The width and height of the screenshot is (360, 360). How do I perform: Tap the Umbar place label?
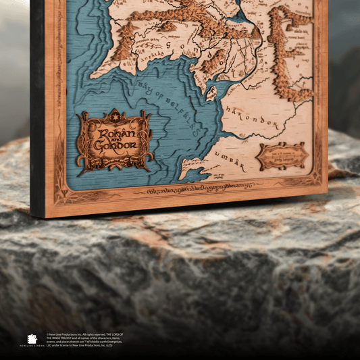coord(227,157)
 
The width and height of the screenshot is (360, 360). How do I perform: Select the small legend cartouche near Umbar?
coord(282,156)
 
